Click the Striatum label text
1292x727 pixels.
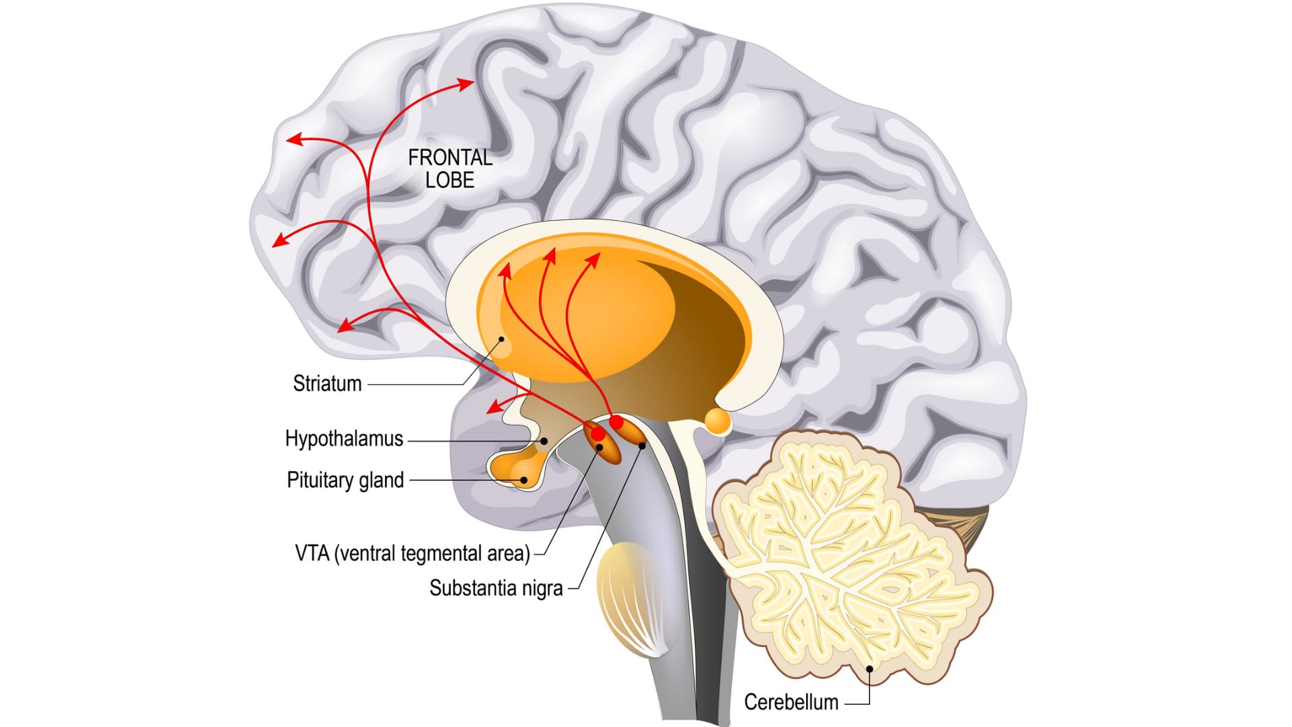click(x=327, y=384)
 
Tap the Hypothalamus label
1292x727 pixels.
click(x=344, y=439)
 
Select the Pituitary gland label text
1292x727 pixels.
click(x=345, y=480)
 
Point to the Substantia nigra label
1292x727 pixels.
click(x=496, y=588)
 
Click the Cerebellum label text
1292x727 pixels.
click(x=791, y=702)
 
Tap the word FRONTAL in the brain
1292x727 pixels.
click(x=450, y=158)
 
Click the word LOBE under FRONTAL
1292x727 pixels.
click(x=450, y=180)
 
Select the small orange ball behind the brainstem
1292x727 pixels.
click(x=717, y=421)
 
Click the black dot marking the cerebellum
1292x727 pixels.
click(x=869, y=669)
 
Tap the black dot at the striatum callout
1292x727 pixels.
click(x=501, y=339)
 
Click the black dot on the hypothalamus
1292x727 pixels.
click(x=544, y=441)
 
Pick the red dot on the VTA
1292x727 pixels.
click(x=597, y=434)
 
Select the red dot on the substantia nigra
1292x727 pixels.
click(x=616, y=422)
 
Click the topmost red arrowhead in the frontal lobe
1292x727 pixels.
click(x=466, y=83)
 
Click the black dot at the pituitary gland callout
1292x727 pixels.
click(x=524, y=480)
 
